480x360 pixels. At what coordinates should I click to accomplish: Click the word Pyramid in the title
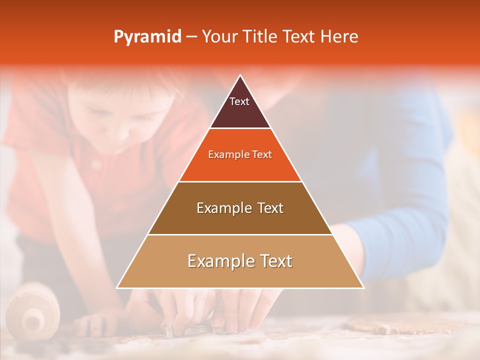[x=147, y=37]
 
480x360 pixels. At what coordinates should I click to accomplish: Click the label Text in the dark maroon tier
[x=239, y=102]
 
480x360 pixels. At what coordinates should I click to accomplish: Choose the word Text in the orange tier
[x=261, y=155]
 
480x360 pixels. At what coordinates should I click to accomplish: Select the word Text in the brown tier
[x=270, y=208]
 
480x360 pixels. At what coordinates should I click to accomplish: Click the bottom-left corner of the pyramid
[x=117, y=287]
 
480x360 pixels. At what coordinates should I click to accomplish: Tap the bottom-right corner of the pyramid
[x=363, y=287]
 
